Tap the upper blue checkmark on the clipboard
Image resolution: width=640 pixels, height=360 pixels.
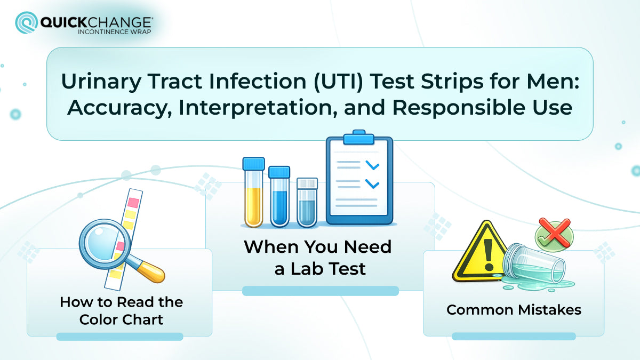click(x=372, y=166)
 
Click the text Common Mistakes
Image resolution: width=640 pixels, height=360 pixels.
click(x=514, y=309)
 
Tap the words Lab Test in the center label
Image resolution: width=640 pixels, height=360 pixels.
click(x=320, y=269)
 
